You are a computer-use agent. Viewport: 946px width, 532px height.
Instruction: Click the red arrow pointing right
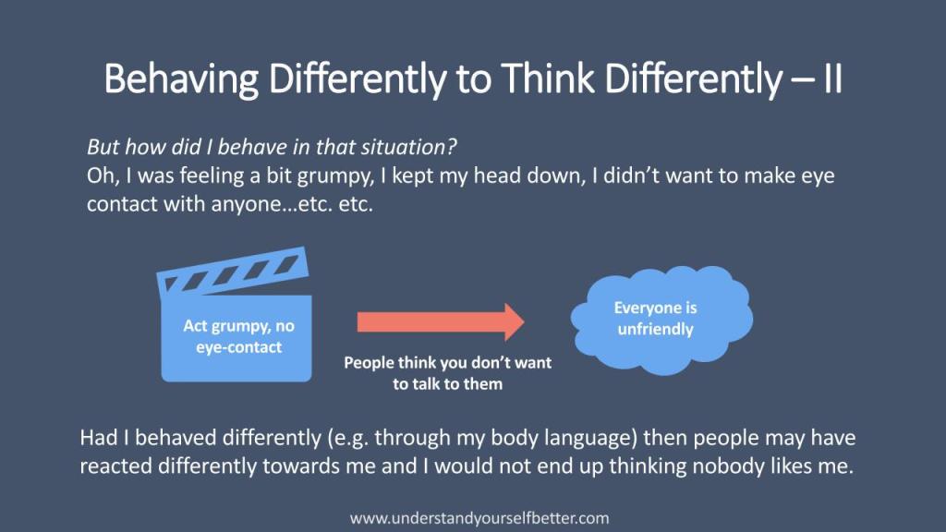[441, 320]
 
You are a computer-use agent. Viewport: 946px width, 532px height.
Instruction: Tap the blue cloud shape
[655, 319]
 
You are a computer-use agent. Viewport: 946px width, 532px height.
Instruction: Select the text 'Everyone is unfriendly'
[655, 319]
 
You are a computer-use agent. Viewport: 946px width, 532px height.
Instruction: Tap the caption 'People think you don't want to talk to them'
[447, 373]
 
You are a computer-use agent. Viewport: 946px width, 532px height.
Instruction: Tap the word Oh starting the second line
[99, 175]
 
